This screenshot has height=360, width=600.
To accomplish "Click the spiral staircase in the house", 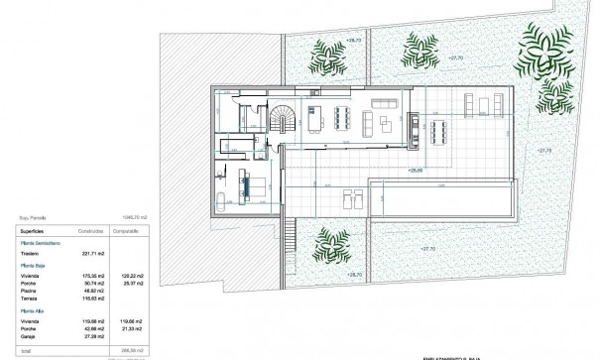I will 282,120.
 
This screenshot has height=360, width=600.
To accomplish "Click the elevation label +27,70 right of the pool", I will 543,150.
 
